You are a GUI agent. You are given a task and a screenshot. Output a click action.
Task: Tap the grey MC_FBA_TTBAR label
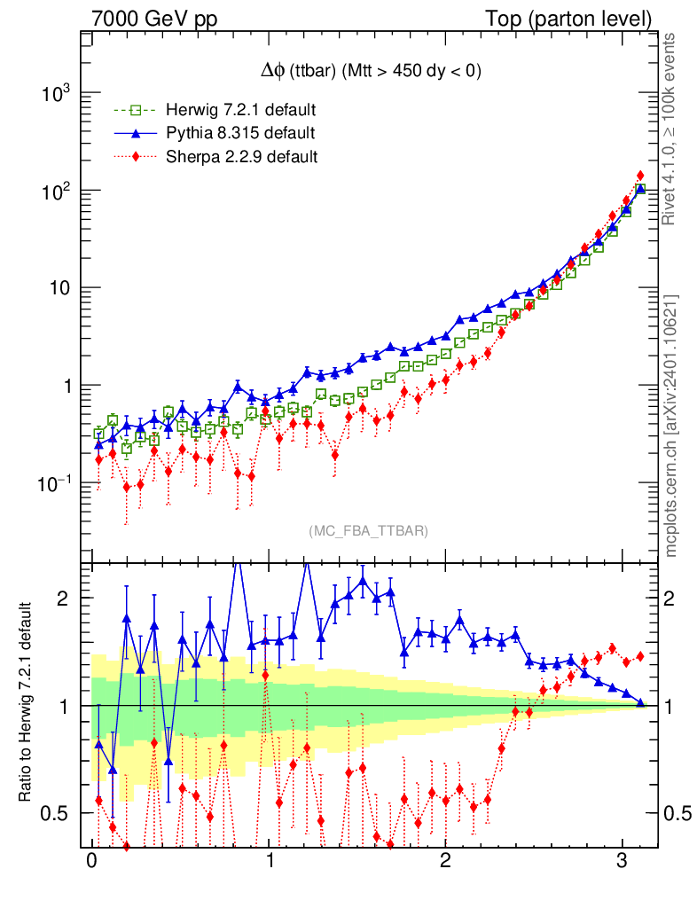tap(369, 531)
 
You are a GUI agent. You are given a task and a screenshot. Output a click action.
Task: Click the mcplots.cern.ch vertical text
tap(671, 426)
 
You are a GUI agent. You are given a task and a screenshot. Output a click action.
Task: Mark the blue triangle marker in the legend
tap(136, 134)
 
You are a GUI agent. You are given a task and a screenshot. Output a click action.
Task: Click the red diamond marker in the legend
tap(136, 157)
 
